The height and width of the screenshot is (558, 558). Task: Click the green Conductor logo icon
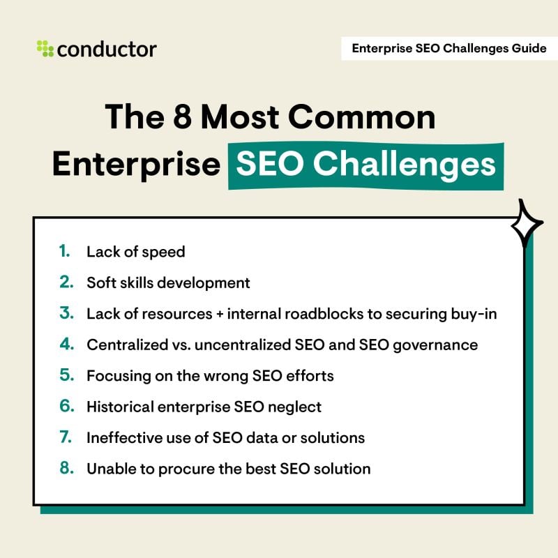coord(45,49)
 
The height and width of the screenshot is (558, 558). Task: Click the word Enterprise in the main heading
coord(136,165)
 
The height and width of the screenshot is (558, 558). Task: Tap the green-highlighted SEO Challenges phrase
coord(365,165)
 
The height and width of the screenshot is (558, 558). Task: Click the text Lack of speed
coord(136,252)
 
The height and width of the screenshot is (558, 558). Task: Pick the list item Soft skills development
coord(168,282)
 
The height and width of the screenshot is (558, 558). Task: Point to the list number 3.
coord(66,314)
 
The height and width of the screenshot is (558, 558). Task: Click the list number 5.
coord(66,375)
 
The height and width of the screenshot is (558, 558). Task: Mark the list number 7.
coord(66,437)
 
